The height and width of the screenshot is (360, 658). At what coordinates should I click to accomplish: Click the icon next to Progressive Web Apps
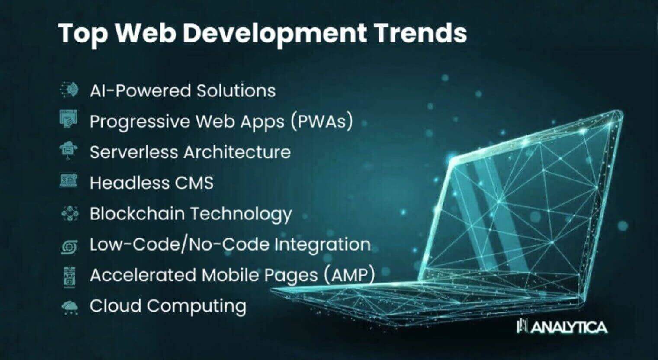point(68,119)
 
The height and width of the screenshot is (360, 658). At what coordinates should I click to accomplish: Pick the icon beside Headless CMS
point(69,180)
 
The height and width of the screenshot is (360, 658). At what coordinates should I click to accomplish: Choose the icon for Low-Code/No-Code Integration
point(69,247)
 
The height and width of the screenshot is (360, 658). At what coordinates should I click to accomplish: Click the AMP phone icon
point(70,277)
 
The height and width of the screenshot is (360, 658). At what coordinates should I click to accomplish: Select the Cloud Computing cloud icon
point(70,308)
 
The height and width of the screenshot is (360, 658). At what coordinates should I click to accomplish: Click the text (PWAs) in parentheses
point(322,122)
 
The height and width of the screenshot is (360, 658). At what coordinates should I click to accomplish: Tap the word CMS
point(194,183)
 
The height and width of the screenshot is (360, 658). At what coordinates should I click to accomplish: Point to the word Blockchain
point(138,213)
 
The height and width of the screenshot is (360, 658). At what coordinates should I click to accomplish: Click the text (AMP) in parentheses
point(350,275)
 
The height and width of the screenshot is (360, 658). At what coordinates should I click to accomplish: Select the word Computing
point(196,306)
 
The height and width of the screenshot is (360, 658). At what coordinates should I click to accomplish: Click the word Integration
point(322,245)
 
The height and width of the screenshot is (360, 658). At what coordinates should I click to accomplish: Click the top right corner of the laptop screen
point(622,111)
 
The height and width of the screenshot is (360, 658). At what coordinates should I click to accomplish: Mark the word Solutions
point(236,90)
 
